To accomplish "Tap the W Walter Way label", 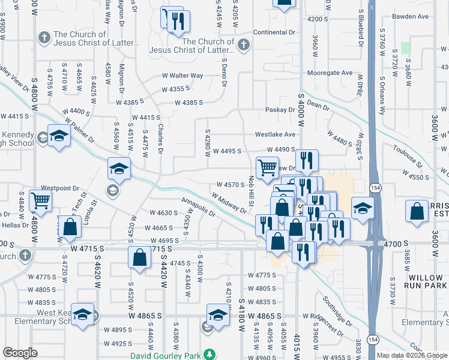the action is coord(182,76).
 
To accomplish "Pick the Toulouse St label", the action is coord(409,156).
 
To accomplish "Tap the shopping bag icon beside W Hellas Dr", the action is coord(70,227).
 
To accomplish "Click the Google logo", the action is coord(20,353).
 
